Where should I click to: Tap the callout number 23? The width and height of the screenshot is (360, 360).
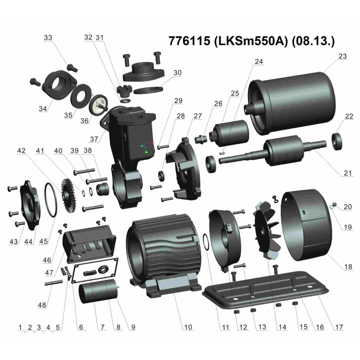point(343,57)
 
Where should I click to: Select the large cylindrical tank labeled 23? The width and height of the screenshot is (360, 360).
point(292,103)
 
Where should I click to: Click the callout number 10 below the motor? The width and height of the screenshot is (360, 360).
point(188,327)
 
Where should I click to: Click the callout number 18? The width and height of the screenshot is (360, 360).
point(348,267)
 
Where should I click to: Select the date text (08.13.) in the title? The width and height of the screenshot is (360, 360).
point(313,41)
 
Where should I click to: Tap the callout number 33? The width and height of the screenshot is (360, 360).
point(48,39)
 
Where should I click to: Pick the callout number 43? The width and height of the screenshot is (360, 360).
point(13,242)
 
